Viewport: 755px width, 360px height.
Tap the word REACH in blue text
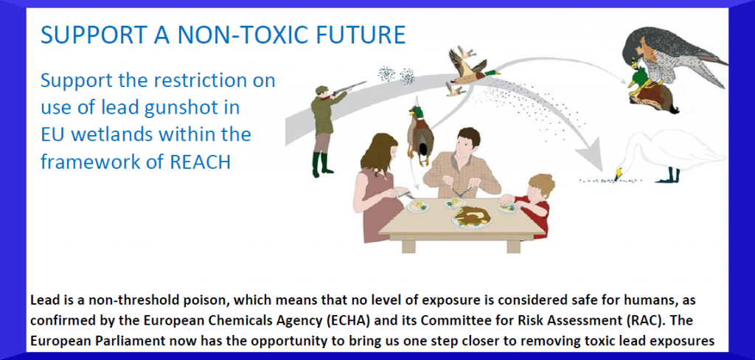coord(201,162)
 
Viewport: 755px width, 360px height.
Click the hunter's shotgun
coord(347,88)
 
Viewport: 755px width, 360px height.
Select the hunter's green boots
coord(321,165)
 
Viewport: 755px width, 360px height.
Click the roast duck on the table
coord(472,215)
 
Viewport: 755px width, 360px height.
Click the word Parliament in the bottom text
coord(114,341)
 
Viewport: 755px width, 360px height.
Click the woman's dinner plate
coord(417,207)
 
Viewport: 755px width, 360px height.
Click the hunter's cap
coord(321,89)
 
